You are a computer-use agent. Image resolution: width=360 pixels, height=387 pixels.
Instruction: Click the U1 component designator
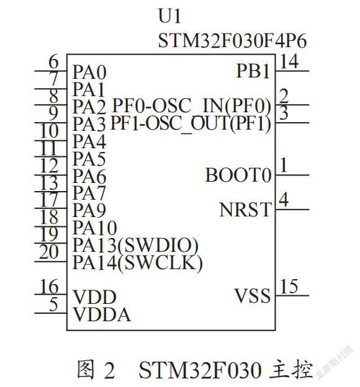point(169,16)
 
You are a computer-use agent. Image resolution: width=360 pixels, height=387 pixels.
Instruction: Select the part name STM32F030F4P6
point(232,41)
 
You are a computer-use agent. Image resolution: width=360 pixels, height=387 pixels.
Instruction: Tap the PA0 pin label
point(89,72)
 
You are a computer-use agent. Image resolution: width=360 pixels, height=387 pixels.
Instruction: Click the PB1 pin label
point(253,71)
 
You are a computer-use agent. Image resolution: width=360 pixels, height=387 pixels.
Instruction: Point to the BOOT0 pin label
point(238,175)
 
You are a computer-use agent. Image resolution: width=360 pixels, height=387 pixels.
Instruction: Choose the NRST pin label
point(245,210)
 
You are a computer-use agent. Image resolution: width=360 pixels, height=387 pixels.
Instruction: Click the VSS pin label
point(252,295)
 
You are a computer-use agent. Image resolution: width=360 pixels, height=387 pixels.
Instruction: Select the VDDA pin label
point(102,314)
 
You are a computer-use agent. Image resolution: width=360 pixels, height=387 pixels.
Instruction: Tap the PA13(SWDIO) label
point(135,246)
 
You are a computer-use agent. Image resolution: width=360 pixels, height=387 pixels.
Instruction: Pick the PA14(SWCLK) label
point(138,262)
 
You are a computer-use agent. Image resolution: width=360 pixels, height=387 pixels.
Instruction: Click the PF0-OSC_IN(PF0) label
point(192,105)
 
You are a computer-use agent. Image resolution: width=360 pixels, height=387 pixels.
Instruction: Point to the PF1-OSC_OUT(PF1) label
point(191,123)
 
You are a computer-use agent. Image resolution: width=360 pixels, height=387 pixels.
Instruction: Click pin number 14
point(289,61)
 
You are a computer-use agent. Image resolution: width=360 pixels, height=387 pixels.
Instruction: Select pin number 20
point(49,252)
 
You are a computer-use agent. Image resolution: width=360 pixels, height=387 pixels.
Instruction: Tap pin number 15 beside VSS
point(289,287)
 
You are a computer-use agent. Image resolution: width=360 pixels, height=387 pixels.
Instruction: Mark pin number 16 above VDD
point(50,287)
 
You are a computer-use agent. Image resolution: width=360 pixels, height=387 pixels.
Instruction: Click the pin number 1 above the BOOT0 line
point(284,165)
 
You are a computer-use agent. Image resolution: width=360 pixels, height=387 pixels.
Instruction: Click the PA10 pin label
point(95,228)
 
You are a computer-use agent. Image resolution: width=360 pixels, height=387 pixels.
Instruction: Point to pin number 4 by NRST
point(284,200)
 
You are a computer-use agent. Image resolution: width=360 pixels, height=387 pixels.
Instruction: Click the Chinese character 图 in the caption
point(86,369)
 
